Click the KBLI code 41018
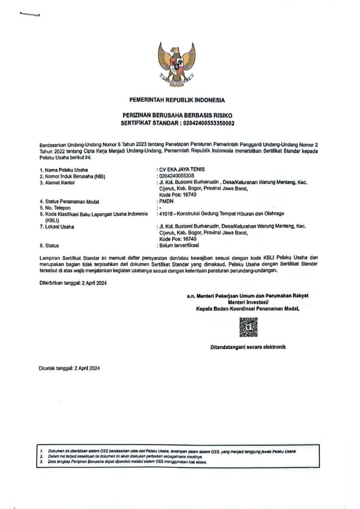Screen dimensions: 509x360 point(165,214)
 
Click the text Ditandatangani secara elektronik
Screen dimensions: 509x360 point(248,346)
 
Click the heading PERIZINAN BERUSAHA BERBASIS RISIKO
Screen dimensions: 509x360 point(177,115)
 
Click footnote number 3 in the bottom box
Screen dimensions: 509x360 point(41,462)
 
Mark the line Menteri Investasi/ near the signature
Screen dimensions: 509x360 point(248,302)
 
